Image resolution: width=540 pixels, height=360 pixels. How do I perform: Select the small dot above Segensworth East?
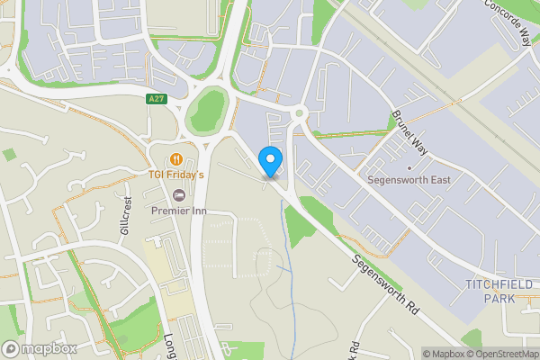click(x=409, y=166)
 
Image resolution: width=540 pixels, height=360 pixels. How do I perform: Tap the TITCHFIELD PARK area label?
click(x=497, y=291)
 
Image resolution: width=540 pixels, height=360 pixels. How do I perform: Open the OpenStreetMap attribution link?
click(x=502, y=354)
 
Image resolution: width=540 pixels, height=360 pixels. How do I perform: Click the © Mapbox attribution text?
click(x=445, y=354)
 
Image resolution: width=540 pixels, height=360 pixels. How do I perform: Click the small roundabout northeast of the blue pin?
click(x=299, y=114)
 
